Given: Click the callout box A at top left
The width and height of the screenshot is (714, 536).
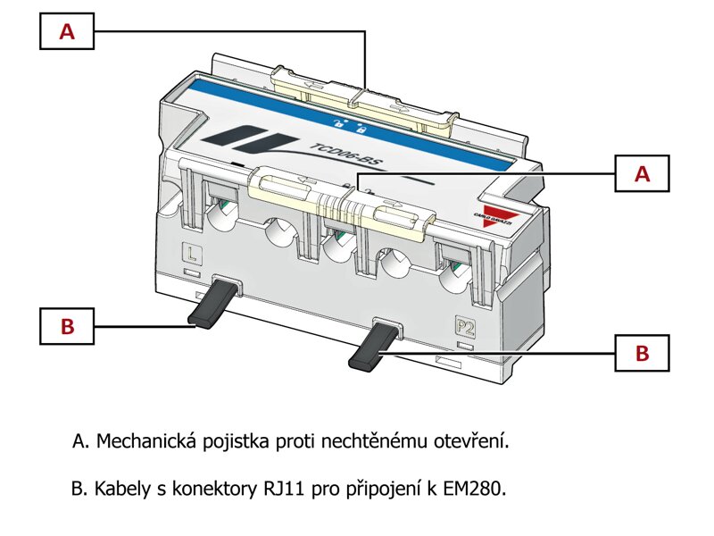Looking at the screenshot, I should tap(67, 32).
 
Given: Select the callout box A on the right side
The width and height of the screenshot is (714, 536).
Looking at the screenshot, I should tap(642, 174).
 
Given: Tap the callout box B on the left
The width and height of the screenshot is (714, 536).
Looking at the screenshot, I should tap(67, 326).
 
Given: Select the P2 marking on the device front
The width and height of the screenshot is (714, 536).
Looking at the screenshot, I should tap(465, 324).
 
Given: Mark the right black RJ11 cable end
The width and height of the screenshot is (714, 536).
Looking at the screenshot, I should tap(371, 351).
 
